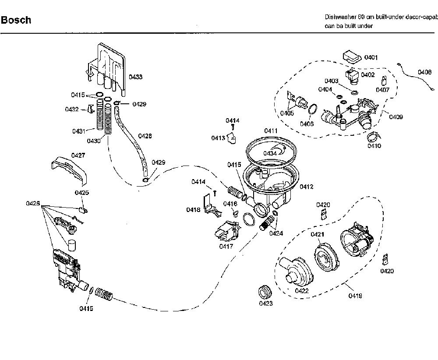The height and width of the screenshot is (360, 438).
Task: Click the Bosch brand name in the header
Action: click(16, 20)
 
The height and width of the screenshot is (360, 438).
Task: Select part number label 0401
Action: click(371, 57)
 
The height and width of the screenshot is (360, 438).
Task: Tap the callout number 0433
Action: click(135, 77)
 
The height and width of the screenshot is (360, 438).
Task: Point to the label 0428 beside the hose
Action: click(145, 136)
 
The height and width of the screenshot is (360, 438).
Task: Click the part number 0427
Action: click(78, 155)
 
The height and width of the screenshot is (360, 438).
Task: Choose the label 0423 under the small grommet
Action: click(266, 304)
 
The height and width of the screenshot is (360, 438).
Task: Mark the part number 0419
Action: click(355, 296)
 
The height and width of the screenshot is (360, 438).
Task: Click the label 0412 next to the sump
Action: click(307, 187)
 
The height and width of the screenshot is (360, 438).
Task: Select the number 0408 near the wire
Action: click(424, 72)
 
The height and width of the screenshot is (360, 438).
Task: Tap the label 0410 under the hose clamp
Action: click(374, 145)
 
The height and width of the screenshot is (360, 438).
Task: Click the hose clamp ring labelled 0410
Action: click(374, 137)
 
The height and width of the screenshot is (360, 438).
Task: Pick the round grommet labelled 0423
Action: click(264, 293)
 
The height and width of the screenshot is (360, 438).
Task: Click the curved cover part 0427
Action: click(69, 170)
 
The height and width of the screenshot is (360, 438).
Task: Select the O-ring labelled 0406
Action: click(313, 109)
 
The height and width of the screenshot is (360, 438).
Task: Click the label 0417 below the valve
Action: click(226, 246)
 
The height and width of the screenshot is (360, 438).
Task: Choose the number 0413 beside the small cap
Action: click(218, 138)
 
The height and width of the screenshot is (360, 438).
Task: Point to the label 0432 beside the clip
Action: click(72, 109)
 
